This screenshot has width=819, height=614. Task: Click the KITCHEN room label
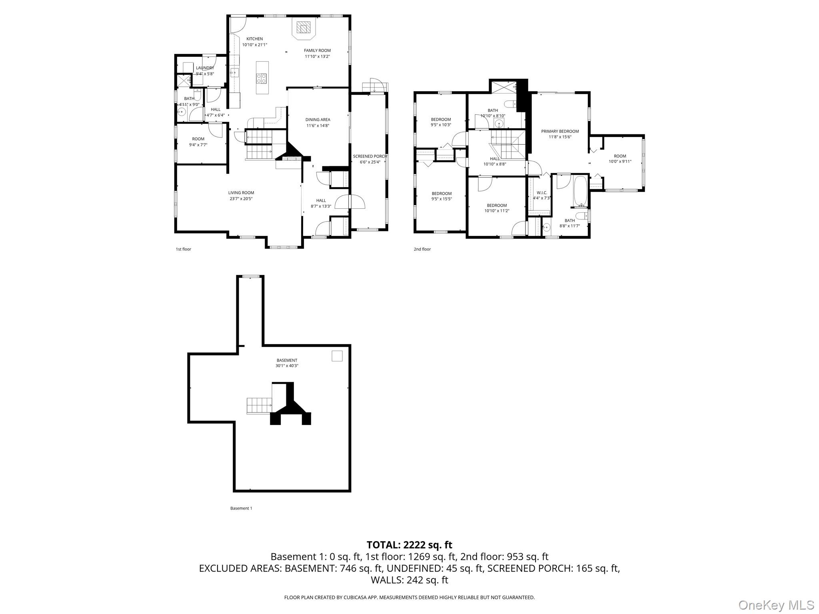coord(254,39)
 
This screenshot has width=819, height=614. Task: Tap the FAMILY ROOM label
coord(317,50)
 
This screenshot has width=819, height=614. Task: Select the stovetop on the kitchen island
coord(262,78)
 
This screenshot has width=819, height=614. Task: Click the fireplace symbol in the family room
coord(304,28)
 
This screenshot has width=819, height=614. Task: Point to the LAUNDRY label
coord(205,68)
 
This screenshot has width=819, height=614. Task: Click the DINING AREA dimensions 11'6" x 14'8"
coord(318,126)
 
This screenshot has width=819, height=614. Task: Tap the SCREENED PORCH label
coord(370,156)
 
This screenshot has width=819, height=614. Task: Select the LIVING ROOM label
coord(241,193)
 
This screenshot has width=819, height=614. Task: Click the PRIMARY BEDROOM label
coord(560,131)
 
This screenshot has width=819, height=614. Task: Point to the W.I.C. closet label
coord(542,193)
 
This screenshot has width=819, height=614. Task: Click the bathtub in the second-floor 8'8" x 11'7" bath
coord(580,191)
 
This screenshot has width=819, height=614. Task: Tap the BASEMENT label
coord(287,360)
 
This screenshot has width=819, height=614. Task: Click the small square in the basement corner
coord(337,356)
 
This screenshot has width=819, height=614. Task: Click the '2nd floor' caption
coord(422,249)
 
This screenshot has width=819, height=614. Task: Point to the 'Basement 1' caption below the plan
coord(241,508)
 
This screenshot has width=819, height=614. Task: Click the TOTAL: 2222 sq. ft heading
coord(409,545)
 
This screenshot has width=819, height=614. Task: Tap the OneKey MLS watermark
coord(776,605)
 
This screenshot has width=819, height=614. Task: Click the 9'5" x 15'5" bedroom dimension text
coord(441,199)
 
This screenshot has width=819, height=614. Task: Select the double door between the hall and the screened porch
coord(350,202)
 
